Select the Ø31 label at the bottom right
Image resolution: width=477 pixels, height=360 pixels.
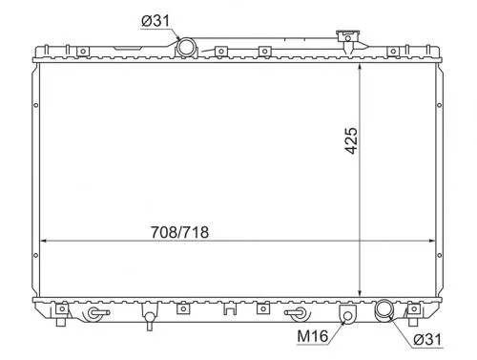427,338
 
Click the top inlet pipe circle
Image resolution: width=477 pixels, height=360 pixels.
186,48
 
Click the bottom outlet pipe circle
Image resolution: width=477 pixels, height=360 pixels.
384,309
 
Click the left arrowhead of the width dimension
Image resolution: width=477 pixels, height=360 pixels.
45,240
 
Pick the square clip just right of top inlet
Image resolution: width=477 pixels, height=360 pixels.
219,52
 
